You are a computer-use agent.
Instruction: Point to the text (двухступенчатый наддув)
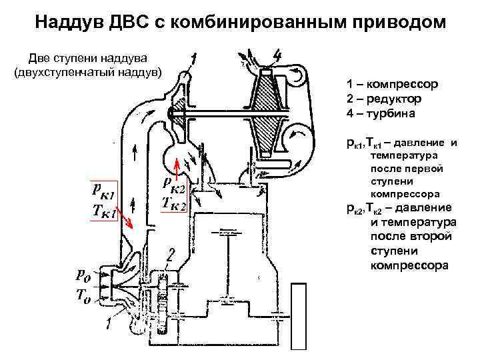87,71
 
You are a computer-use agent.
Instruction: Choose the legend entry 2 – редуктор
384,99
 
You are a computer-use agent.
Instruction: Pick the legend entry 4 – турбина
380,114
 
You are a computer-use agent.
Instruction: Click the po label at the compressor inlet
82,275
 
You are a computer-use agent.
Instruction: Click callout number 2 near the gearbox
171,254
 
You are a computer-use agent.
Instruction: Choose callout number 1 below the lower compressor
107,325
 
